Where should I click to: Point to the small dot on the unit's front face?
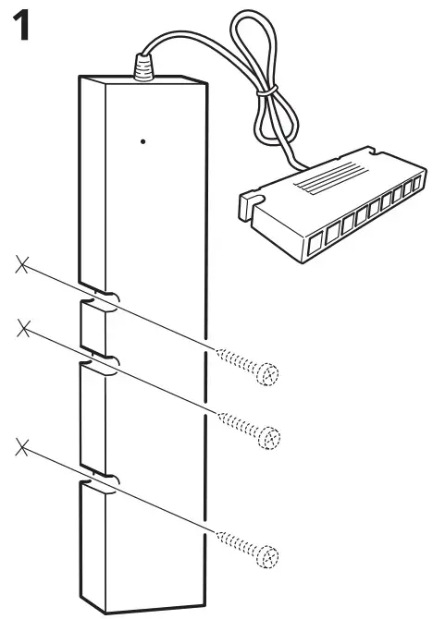(142, 141)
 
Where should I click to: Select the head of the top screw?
(268, 373)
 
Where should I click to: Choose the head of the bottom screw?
(268, 557)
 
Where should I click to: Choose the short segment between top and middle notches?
(93, 330)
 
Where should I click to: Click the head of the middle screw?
(268, 433)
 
